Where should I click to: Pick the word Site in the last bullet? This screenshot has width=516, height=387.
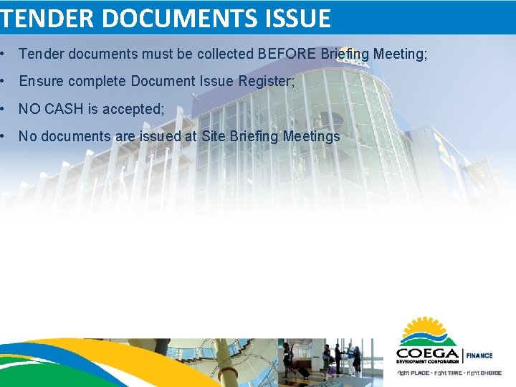tap(213, 136)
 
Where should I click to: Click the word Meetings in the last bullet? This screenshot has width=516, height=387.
tap(312, 136)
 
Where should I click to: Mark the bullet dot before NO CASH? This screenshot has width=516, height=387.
tap(5, 109)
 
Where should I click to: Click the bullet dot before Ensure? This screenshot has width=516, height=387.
tap(5, 81)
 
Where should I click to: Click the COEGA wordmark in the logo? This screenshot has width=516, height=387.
tap(427, 353)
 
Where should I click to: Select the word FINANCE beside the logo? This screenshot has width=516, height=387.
tap(479, 355)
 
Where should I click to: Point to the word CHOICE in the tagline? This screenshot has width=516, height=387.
tap(491, 373)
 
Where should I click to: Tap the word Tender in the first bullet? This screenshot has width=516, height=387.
tap(40, 54)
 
